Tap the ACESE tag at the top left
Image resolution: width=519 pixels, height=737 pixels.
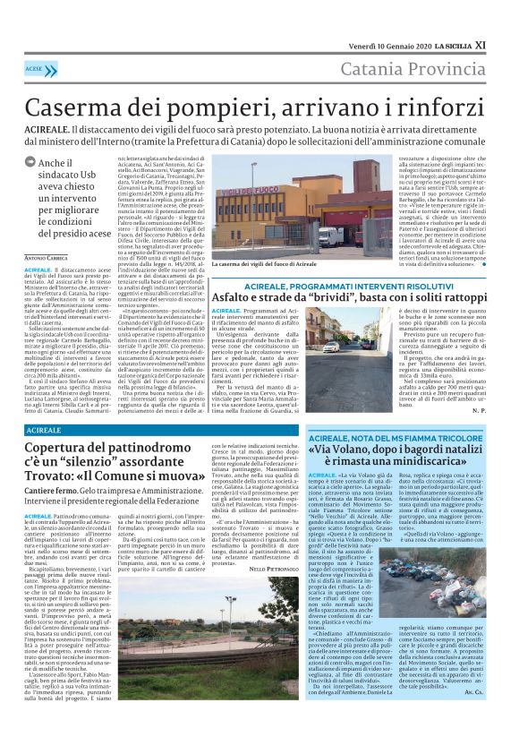(x=35, y=68)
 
